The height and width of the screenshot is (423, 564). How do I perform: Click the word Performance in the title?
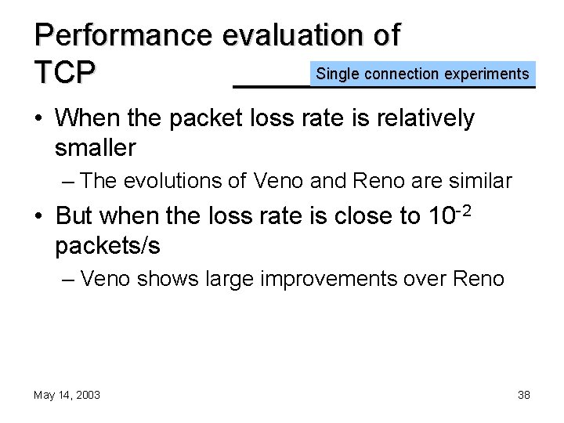124,35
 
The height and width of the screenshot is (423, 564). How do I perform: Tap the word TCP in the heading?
65,73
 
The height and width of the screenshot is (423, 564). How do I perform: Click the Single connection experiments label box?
422,74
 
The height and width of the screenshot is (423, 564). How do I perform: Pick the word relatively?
424,118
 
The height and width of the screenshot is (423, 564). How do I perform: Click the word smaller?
96,147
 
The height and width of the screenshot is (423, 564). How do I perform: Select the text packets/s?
107,245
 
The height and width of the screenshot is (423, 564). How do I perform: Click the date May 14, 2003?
67,395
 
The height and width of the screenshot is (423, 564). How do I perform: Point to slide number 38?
523,395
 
